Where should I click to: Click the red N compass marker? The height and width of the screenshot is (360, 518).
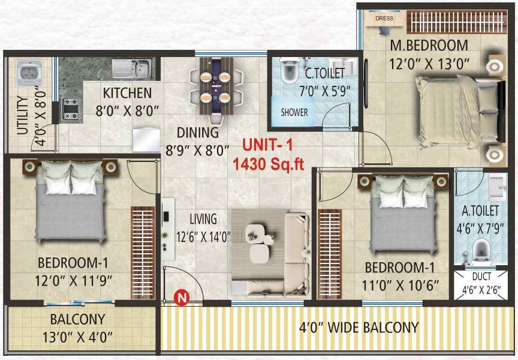pyautogui.click(x=179, y=296)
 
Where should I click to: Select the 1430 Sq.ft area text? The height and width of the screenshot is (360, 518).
pyautogui.click(x=269, y=164)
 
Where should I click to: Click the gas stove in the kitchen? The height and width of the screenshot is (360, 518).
pyautogui.click(x=71, y=109)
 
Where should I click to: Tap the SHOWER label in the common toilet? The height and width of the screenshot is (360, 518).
pyautogui.click(x=294, y=112)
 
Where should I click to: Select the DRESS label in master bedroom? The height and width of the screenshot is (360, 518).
pyautogui.click(x=384, y=19)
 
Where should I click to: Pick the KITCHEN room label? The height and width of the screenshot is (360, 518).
pyautogui.click(x=127, y=93)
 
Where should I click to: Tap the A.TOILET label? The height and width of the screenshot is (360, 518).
pyautogui.click(x=480, y=211)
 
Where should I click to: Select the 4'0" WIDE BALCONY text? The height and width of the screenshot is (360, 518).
pyautogui.click(x=359, y=328)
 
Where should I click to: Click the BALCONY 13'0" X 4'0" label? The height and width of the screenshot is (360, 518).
pyautogui.click(x=78, y=327)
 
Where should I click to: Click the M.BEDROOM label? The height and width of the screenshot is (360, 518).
pyautogui.click(x=429, y=46)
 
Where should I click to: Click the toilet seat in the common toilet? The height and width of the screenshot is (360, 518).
pyautogui.click(x=289, y=73)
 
